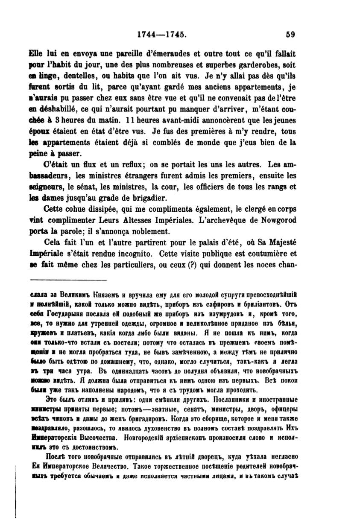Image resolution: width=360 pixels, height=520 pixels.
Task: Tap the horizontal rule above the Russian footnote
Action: tap(68, 280)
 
